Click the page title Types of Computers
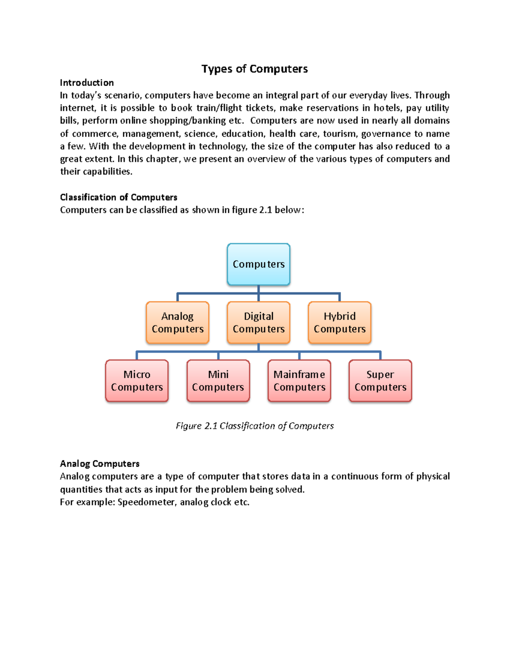coord(255,69)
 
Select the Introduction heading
coord(87,82)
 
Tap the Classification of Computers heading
coord(119,197)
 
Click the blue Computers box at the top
coord(258,264)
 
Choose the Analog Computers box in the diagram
coord(178,323)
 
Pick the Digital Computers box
coord(258,323)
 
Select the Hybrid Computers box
coord(340,323)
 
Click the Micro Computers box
coord(137,381)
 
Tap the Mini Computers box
coord(218,381)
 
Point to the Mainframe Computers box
coord(299,381)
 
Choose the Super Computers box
coord(380,381)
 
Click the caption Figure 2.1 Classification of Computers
coord(255,426)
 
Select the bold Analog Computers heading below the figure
coord(100,464)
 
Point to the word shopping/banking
coord(187,121)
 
